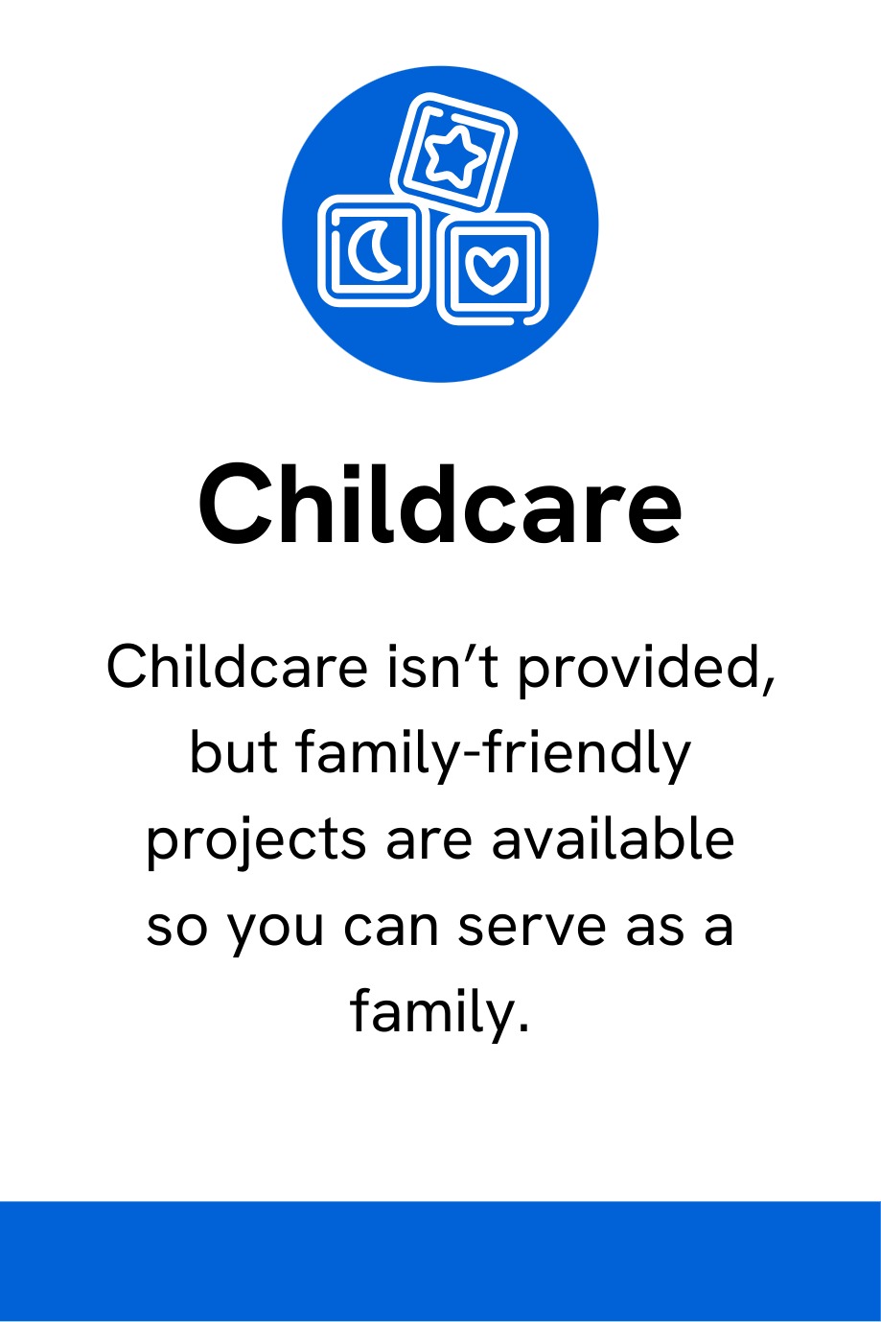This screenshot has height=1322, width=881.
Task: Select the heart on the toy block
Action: [x=492, y=271]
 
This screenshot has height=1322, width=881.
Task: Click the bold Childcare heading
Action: [x=440, y=504]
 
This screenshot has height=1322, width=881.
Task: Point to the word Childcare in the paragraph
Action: [x=237, y=667]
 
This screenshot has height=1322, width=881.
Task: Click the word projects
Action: [x=256, y=842]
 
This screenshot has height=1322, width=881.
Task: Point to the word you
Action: [x=275, y=930]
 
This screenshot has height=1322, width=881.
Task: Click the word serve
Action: [x=531, y=928]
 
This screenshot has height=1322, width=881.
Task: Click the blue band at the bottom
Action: [x=441, y=1262]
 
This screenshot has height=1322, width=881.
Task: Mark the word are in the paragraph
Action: [x=429, y=842]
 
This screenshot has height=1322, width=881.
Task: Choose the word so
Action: [x=177, y=928]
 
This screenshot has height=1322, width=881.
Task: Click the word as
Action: [x=655, y=928]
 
